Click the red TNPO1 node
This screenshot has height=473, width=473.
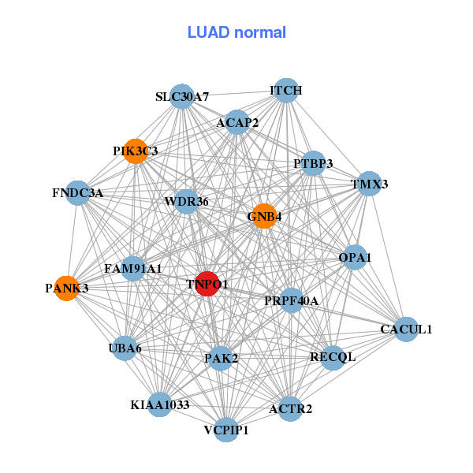(x=207, y=284)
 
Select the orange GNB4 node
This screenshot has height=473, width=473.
(x=265, y=216)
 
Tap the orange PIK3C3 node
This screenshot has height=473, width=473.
(x=136, y=151)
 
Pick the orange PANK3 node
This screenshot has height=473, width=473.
(x=66, y=289)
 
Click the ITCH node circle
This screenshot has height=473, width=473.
(x=286, y=91)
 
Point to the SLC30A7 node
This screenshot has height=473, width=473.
(x=182, y=97)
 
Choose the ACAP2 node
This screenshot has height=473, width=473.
(x=237, y=122)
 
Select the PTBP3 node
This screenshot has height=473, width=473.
(x=313, y=164)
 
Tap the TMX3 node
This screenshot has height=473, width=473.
(x=369, y=184)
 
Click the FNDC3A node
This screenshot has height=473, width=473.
(x=77, y=192)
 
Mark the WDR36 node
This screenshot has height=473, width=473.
(x=186, y=202)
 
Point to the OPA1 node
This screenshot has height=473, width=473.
(x=355, y=257)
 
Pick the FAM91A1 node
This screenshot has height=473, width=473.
(x=133, y=269)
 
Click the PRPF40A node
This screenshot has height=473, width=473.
(x=291, y=300)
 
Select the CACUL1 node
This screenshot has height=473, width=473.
(x=406, y=329)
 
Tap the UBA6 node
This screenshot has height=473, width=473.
(x=125, y=348)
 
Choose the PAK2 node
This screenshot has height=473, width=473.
(x=221, y=359)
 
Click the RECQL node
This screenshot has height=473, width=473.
(x=333, y=357)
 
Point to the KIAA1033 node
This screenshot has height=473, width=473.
(x=160, y=405)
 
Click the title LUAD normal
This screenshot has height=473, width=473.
(x=236, y=32)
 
